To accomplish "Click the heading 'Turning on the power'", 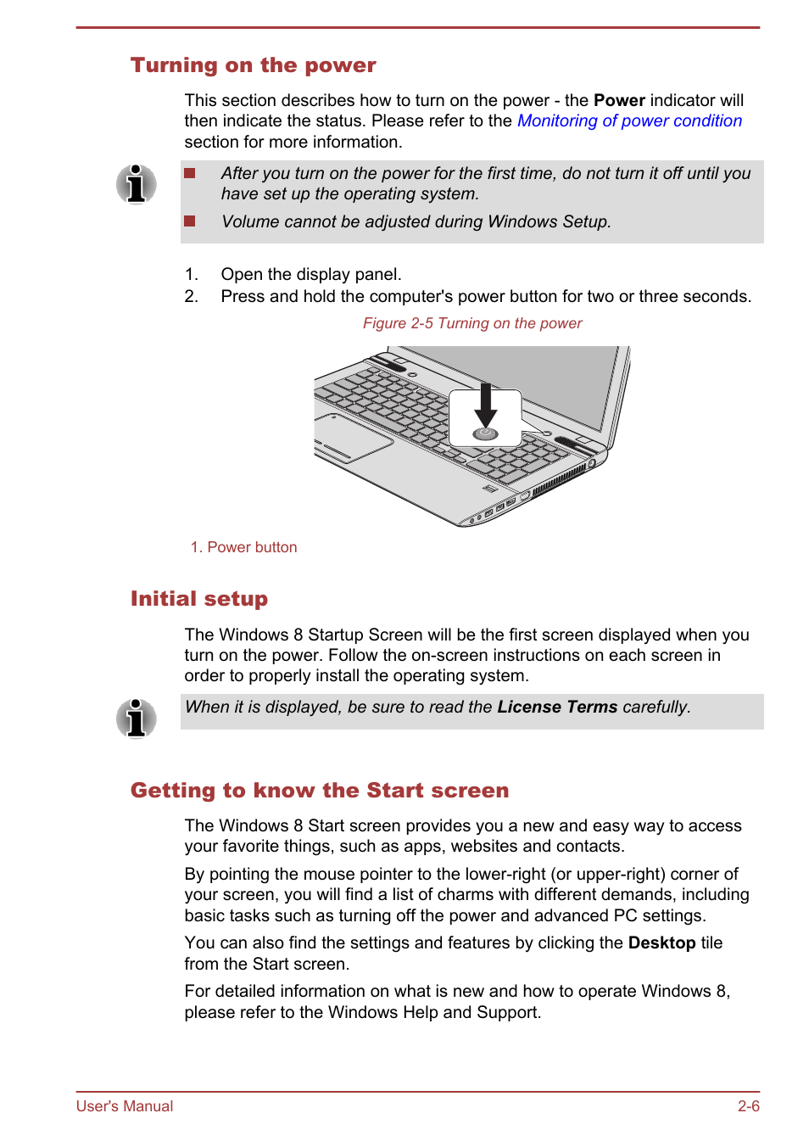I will click(x=253, y=65).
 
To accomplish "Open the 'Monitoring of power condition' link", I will click(x=629, y=120).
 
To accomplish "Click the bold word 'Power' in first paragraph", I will click(x=619, y=100).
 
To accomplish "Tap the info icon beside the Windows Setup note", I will click(x=136, y=184).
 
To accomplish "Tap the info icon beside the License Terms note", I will click(x=136, y=719).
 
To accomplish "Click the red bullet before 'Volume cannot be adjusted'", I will click(x=190, y=221).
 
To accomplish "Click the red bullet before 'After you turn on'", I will click(x=190, y=173).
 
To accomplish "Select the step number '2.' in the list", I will click(x=192, y=296).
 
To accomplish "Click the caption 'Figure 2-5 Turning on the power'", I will click(x=472, y=323).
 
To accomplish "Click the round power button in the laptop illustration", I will click(x=485, y=433).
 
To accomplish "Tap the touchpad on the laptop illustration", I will click(x=351, y=436).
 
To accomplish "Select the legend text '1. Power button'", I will click(x=244, y=547).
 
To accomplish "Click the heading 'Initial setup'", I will click(x=199, y=599).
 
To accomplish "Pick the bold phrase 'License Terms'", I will click(x=557, y=707).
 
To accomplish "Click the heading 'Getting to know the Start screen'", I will click(x=320, y=791).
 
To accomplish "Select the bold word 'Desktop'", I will click(x=661, y=942).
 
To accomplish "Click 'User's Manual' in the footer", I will click(x=125, y=1106).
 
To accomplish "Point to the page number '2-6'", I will click(x=748, y=1106).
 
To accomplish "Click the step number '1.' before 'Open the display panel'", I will click(x=192, y=274).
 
